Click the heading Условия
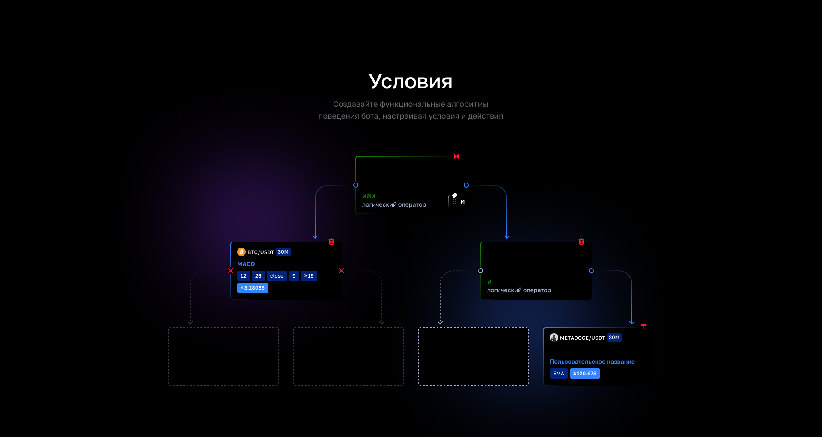(x=411, y=81)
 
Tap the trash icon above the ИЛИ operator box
(x=456, y=156)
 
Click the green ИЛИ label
(x=369, y=196)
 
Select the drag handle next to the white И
(x=455, y=201)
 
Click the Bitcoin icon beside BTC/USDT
(x=241, y=252)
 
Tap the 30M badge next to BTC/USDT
(x=283, y=252)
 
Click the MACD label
(x=246, y=264)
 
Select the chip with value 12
(x=243, y=276)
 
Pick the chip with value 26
(x=258, y=276)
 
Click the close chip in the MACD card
(x=277, y=276)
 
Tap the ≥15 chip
(x=309, y=276)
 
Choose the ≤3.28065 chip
(x=253, y=288)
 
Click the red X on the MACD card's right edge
(x=341, y=271)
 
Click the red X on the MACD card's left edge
(x=231, y=271)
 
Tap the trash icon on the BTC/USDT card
(x=331, y=242)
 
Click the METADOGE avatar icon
(x=554, y=338)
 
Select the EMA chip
(x=559, y=374)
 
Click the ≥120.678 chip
(x=585, y=374)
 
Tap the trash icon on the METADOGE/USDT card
(x=644, y=327)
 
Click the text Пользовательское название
(x=592, y=362)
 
